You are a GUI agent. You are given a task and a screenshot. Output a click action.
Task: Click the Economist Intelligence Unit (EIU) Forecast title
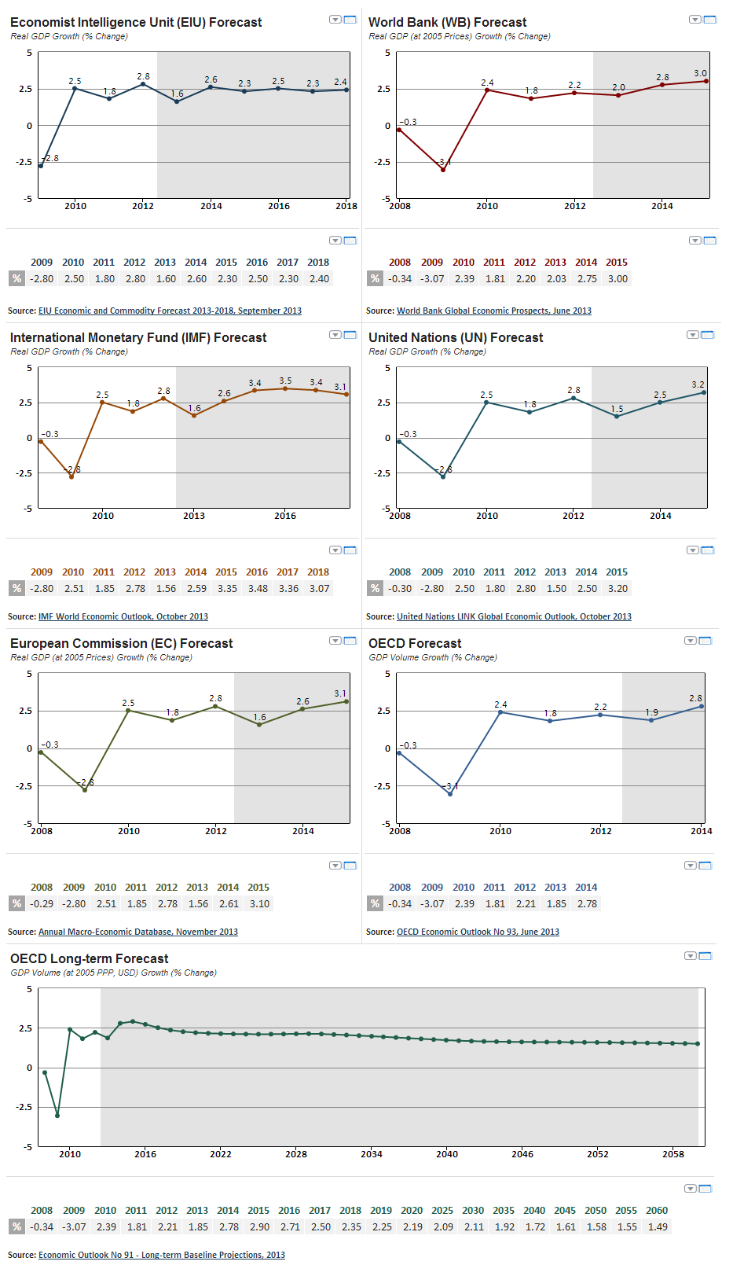(136, 22)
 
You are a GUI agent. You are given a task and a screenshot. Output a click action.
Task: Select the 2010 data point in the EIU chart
(75, 89)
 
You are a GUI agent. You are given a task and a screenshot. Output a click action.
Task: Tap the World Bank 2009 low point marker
(443, 170)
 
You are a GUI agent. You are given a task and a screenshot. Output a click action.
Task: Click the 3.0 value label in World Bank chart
(700, 73)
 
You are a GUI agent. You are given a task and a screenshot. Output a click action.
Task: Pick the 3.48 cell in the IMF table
(258, 588)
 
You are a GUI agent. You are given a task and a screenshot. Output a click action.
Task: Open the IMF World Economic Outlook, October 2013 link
(123, 616)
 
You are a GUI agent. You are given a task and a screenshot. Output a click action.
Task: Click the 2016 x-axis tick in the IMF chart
(285, 516)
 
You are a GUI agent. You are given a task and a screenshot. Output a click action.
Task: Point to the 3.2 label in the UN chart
(698, 384)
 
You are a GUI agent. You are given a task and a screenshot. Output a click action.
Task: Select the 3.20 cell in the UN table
(618, 588)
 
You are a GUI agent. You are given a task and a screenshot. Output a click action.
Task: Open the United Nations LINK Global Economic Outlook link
(514, 616)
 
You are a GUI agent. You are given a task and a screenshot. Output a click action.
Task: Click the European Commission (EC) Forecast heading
(121, 643)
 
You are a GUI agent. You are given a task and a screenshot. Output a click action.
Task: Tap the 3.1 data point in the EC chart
(346, 701)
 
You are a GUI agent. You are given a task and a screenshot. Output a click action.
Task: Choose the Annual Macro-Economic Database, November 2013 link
(138, 932)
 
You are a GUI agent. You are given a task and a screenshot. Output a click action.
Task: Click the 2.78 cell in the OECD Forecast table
(587, 903)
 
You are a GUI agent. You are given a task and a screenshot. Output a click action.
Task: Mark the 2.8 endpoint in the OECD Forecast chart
(702, 706)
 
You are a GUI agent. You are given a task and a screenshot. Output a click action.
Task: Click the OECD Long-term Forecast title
(89, 958)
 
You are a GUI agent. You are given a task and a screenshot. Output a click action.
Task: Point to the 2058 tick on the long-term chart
(673, 1154)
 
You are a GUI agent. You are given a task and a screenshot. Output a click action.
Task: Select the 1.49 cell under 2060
(658, 1226)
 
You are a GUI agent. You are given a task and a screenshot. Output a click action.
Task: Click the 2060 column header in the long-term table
(657, 1210)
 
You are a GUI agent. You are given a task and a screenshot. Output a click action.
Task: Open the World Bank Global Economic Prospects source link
(494, 311)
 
